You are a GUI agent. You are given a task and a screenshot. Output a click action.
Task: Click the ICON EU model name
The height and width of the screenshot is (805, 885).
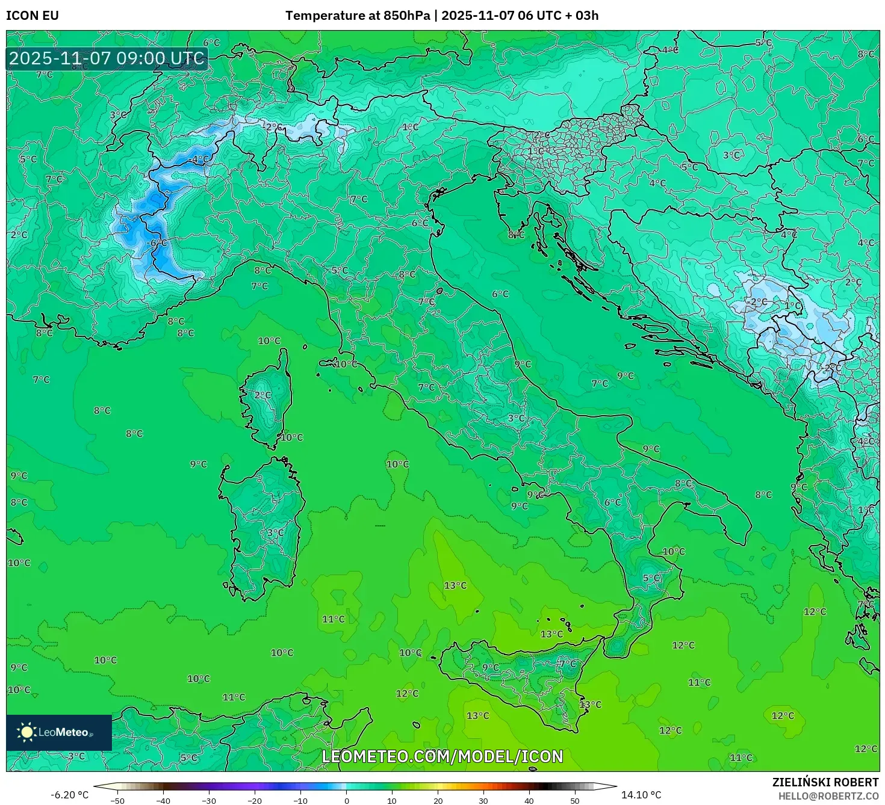coord(33,16)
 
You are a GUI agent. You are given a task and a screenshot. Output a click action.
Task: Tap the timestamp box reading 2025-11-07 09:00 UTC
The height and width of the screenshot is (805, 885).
coord(107,58)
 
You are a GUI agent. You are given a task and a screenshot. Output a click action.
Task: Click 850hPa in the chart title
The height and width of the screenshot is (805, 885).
coord(406,16)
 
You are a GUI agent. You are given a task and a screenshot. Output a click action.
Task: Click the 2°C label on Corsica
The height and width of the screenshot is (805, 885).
coord(262,395)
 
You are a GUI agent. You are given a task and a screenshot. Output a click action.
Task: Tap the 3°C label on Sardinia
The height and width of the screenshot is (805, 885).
coord(275,533)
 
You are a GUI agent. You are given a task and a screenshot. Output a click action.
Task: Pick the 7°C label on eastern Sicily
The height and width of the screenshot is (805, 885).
coord(567,664)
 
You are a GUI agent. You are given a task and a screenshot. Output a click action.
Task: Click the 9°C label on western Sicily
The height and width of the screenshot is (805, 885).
coord(491,667)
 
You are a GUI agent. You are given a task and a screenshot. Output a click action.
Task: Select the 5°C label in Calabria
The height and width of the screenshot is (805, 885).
coord(651,578)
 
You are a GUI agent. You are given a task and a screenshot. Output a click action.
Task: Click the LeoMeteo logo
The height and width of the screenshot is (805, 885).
coord(59,732)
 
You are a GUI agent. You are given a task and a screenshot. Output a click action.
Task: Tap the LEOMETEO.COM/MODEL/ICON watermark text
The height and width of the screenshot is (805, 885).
coord(442,756)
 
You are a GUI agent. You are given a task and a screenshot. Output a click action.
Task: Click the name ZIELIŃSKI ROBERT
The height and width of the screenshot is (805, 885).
coord(825,782)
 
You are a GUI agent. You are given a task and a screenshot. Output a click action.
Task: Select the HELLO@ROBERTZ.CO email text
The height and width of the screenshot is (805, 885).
coord(828,796)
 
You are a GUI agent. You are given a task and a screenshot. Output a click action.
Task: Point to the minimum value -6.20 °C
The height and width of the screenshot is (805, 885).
coord(69,795)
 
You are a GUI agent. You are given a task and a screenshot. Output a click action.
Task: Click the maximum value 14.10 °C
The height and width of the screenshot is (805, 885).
coord(641,795)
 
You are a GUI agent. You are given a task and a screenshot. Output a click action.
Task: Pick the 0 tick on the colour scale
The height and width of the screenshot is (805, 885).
coord(346,801)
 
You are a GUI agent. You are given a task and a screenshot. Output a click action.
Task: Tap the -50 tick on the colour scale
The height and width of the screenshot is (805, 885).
coord(117,801)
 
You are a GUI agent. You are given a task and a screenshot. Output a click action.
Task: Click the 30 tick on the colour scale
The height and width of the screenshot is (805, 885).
coord(483,801)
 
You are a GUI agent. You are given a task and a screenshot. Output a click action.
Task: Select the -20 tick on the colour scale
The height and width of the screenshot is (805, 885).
coord(255,801)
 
